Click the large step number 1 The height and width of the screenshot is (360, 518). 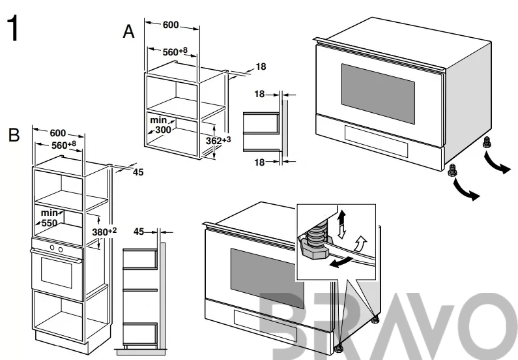[x=14, y=29]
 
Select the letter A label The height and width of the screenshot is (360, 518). [x=129, y=32]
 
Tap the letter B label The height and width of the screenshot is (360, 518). [x=14, y=135]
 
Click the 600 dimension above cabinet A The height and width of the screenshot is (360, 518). [x=171, y=25]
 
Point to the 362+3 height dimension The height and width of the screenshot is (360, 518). [x=218, y=140]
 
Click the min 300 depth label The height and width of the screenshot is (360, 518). [x=161, y=125]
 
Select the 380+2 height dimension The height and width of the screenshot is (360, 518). [x=104, y=232]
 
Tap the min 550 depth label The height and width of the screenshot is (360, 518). [x=50, y=218]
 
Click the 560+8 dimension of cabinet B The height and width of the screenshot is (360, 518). [x=64, y=145]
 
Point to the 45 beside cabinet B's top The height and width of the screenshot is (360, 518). [x=138, y=172]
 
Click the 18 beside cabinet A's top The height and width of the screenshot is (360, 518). [x=261, y=67]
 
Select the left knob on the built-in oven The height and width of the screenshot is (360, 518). [x=52, y=248]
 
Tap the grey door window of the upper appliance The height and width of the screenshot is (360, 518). [x=378, y=94]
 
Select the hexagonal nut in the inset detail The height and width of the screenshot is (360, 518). [x=314, y=252]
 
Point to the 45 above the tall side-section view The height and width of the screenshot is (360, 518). [x=139, y=232]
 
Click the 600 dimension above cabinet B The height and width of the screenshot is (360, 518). [x=58, y=133]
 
